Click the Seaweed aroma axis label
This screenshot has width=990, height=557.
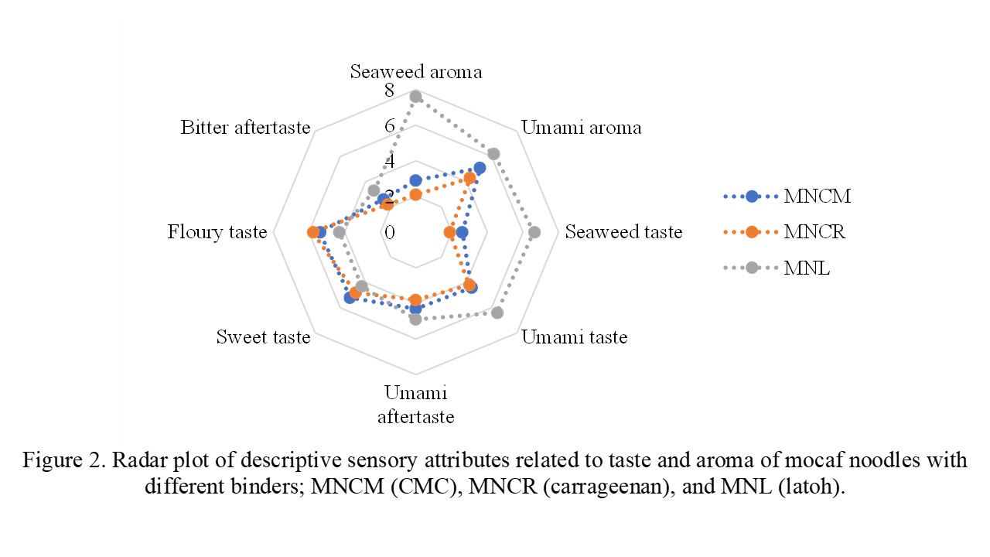pos(415,72)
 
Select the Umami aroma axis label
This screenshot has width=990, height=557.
pos(581,128)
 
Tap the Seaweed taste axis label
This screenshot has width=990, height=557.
pos(623,232)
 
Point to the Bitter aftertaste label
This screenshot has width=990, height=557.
pos(245,128)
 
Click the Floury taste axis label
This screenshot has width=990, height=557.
pos(217,232)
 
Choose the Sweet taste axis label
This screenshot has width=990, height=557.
pos(263,337)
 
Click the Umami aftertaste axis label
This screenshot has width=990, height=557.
pos(415,405)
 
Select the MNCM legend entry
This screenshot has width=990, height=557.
pos(817,196)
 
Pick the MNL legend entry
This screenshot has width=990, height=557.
pos(807,268)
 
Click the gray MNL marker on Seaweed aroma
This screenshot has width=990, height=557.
pos(415,96)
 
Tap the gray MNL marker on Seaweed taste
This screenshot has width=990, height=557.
pos(534,232)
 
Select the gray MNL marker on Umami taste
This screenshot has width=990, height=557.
pos(497,313)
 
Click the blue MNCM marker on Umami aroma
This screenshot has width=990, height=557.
pos(480,168)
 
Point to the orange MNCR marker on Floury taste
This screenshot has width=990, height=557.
pos(312,232)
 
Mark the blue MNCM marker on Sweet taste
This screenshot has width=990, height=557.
pos(349,298)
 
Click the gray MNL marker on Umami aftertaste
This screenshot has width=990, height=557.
pos(415,319)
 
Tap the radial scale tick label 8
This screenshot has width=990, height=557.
pos(390,91)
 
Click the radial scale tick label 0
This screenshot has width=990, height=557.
pos(390,232)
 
